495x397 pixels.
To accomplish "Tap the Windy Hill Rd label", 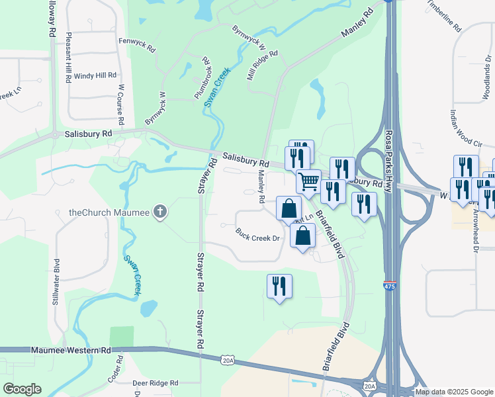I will [95, 76].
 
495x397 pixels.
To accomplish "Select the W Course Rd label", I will [121, 105].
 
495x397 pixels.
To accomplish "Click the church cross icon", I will [159, 212].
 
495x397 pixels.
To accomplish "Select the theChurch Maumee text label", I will [109, 213].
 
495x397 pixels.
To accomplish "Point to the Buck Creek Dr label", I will [258, 234].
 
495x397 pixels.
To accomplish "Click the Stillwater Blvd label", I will [56, 282].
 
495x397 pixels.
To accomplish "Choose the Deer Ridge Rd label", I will [156, 383].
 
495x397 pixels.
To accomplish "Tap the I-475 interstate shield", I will [390, 285].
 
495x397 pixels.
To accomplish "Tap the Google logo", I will [22, 389].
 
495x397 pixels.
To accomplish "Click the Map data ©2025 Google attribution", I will [454, 392].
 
